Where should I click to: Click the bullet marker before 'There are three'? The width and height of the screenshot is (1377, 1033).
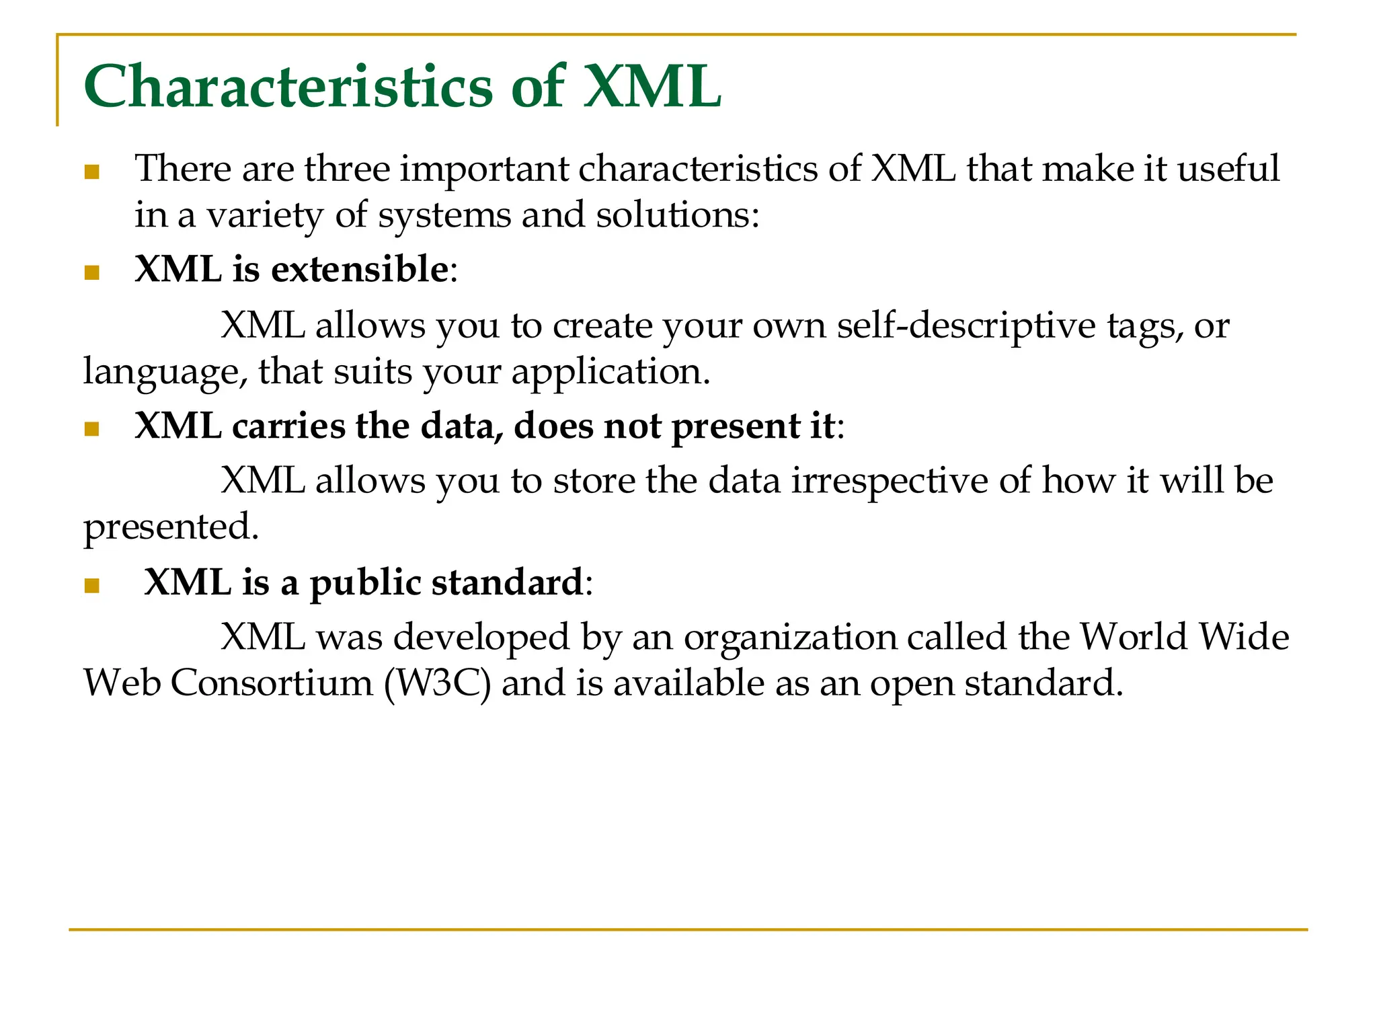click(x=92, y=172)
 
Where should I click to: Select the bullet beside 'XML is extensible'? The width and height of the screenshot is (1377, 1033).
click(x=92, y=272)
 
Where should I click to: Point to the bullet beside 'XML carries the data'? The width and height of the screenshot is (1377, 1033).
click(x=92, y=429)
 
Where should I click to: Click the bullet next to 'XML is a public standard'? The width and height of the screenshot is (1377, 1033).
click(x=92, y=585)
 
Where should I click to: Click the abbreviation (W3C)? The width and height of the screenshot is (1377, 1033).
click(x=438, y=683)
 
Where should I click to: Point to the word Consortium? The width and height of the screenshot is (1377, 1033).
click(x=272, y=683)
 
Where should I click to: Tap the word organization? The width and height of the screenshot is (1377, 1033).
click(x=790, y=638)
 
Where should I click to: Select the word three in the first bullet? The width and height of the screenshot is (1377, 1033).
click(x=347, y=168)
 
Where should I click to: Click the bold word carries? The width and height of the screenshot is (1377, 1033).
click(x=288, y=426)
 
